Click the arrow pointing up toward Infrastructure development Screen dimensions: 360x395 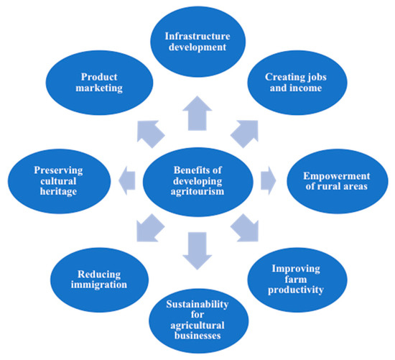tap(196, 114)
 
